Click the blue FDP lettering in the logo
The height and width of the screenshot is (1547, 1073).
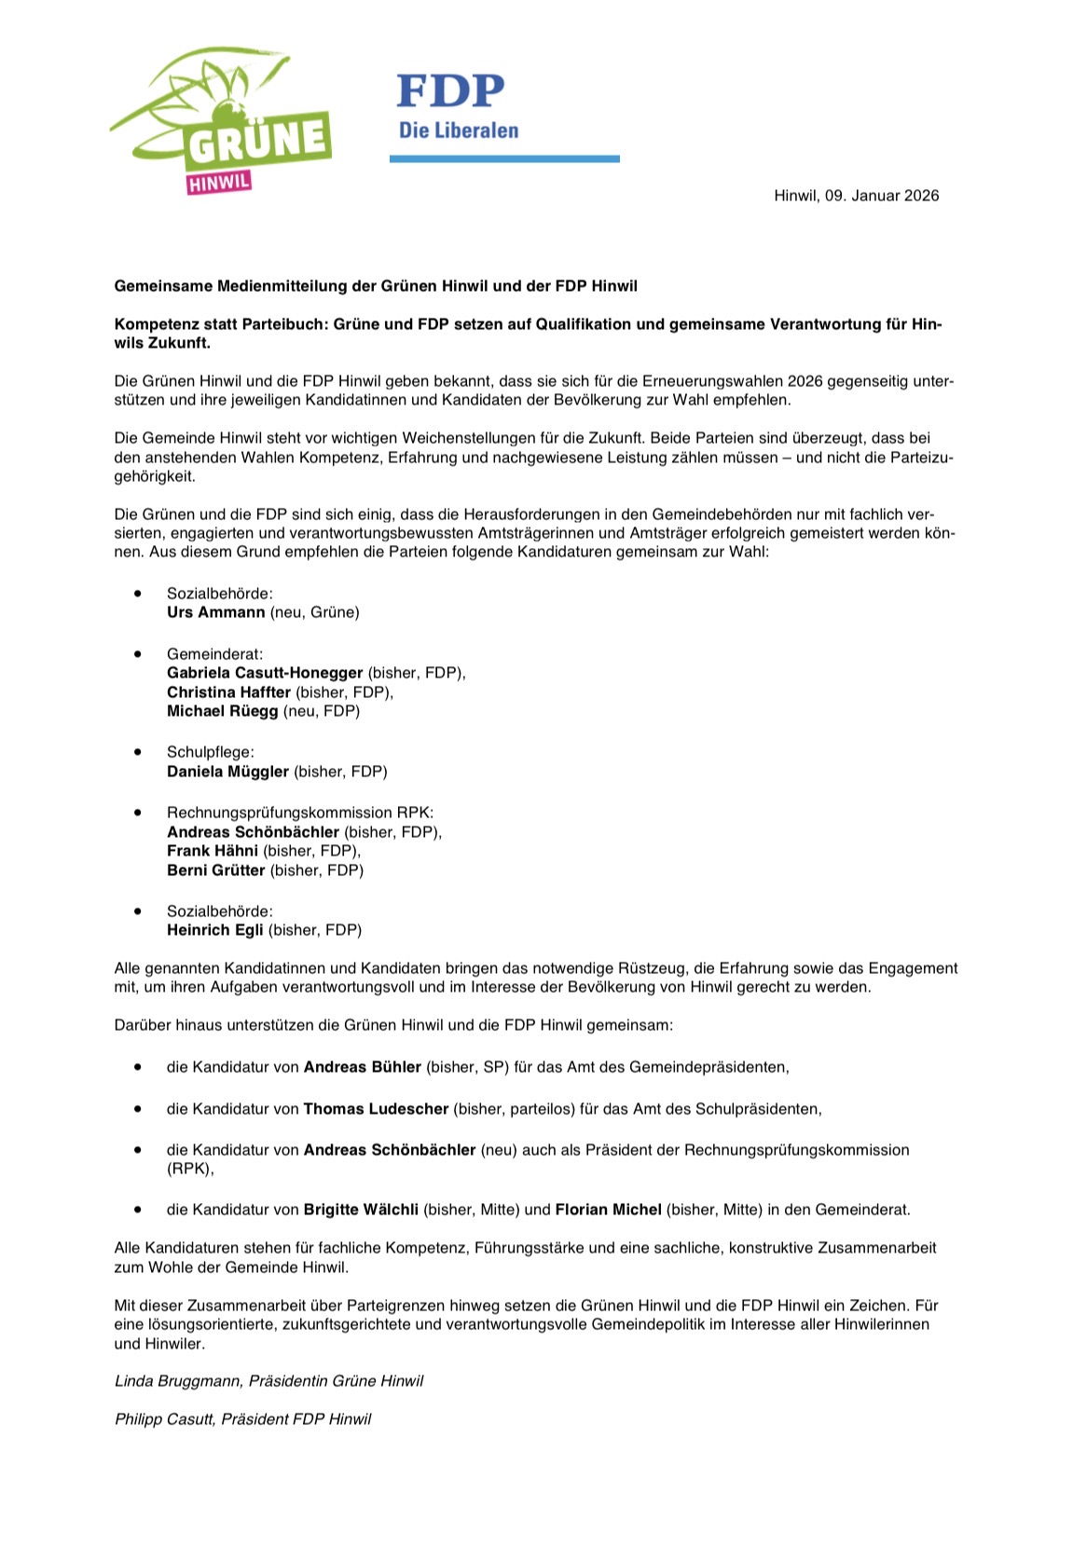pyautogui.click(x=450, y=91)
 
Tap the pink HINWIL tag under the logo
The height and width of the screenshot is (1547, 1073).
pyautogui.click(x=219, y=182)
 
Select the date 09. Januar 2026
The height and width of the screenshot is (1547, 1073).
pyautogui.click(x=881, y=196)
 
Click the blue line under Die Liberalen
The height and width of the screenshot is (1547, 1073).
pyautogui.click(x=504, y=159)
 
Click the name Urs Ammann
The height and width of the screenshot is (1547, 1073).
pyautogui.click(x=215, y=612)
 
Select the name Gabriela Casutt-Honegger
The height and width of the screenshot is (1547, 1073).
pyautogui.click(x=265, y=673)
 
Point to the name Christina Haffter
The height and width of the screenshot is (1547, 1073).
pyautogui.click(x=228, y=692)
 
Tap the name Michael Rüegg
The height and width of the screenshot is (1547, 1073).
pyautogui.click(x=222, y=711)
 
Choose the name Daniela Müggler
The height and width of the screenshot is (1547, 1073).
pyautogui.click(x=227, y=772)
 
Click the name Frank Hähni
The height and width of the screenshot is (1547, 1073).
pyautogui.click(x=213, y=851)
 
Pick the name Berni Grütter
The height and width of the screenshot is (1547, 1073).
pyautogui.click(x=215, y=870)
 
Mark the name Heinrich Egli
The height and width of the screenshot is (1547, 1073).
pyautogui.click(x=215, y=930)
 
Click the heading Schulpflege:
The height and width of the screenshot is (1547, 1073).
pyautogui.click(x=210, y=752)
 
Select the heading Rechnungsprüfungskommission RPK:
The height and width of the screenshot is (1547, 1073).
pyautogui.click(x=300, y=813)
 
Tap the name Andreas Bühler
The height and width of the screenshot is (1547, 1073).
pyautogui.click(x=363, y=1067)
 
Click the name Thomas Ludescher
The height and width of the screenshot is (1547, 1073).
pyautogui.click(x=376, y=1109)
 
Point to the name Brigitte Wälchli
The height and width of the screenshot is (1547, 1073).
pyautogui.click(x=361, y=1210)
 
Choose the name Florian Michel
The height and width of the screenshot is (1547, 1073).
pyautogui.click(x=608, y=1210)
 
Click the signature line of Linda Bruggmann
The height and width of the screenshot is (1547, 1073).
pyautogui.click(x=268, y=1381)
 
